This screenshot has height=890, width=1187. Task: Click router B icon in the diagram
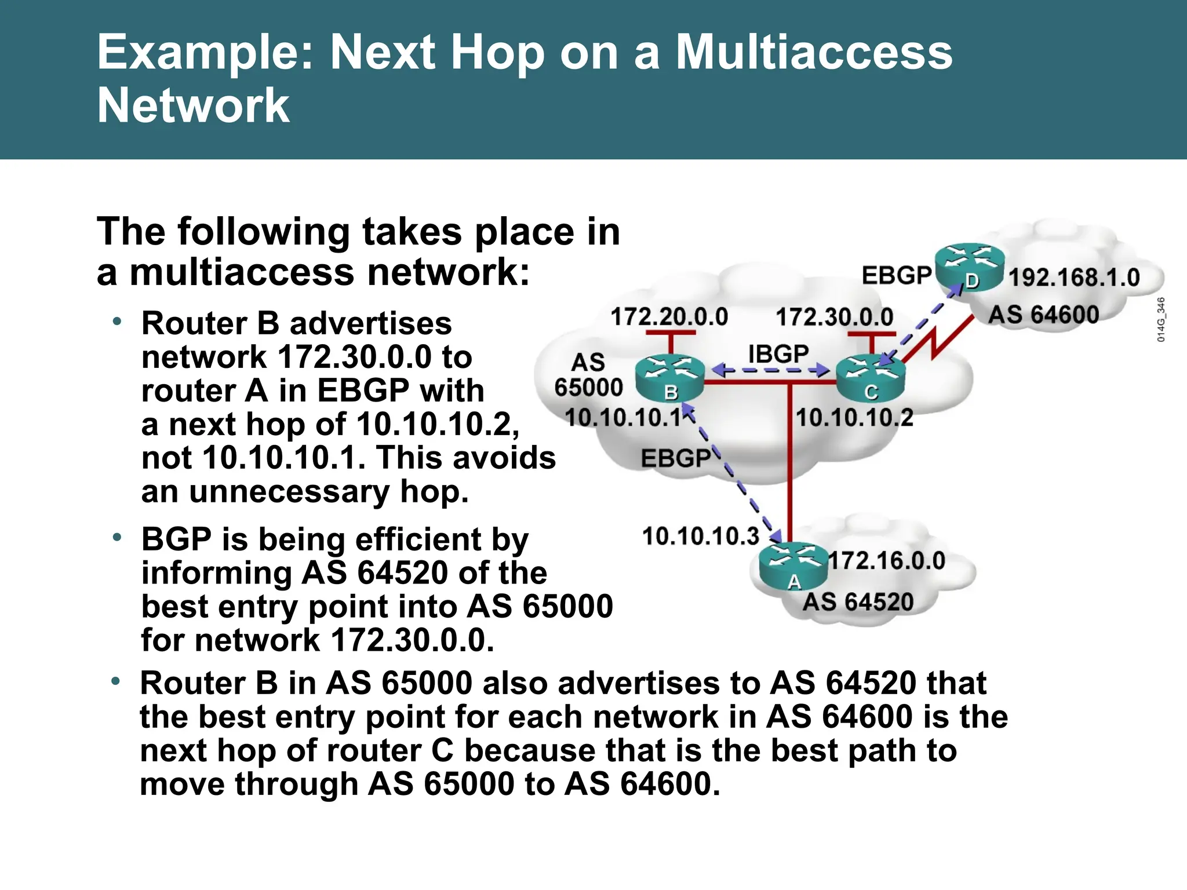[670, 378]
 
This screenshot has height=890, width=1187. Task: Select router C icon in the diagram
[870, 378]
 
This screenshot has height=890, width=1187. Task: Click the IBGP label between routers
[778, 353]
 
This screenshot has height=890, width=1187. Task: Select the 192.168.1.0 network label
[1074, 278]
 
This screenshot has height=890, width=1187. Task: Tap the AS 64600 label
[1043, 315]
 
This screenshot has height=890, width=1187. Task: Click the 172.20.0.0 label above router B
[669, 317]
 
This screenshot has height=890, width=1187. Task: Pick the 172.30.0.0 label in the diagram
[834, 317]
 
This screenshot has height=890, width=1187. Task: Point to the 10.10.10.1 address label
[623, 417]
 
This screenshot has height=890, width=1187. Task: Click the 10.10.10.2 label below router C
[854, 417]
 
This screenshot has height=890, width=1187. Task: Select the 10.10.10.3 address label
[700, 536]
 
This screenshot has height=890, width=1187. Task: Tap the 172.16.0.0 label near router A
[886, 560]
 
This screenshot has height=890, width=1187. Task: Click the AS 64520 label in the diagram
[857, 602]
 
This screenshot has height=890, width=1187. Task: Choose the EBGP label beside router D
[896, 275]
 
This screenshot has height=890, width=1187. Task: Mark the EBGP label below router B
[675, 458]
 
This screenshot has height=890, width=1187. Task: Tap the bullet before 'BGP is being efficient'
[117, 538]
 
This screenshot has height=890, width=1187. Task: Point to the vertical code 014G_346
[1161, 319]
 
